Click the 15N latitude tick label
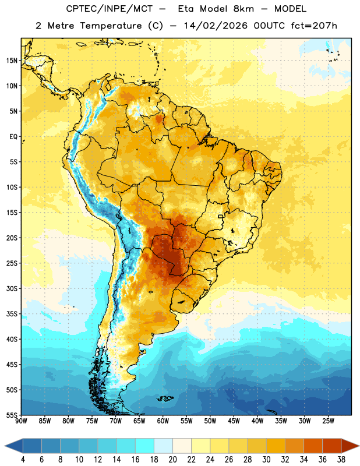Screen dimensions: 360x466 tap(12, 61)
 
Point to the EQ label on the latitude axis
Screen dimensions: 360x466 tap(13, 137)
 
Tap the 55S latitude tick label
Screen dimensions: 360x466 tap(12, 415)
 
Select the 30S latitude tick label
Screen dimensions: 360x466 tap(12, 288)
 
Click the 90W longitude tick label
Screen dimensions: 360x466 tap(21, 421)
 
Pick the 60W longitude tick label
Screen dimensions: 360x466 tap(163, 421)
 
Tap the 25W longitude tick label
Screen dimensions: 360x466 tap(328, 421)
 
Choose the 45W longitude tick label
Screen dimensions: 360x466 tap(234, 421)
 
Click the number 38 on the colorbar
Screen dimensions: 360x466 tap(341, 460)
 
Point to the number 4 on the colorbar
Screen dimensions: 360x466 tap(23, 460)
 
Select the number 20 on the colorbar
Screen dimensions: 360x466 tap(172, 460)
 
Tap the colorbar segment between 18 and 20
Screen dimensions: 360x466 tap(164, 446)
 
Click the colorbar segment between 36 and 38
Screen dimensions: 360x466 tap(332, 446)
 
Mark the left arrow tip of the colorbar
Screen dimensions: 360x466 tap(5, 446)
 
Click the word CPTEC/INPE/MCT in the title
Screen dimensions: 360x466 tap(110, 9)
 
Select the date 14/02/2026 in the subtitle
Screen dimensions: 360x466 tap(216, 26)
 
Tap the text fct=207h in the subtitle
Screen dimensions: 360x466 tap(314, 26)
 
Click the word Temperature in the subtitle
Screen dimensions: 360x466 tap(111, 26)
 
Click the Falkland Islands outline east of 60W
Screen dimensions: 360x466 tap(165, 398)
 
